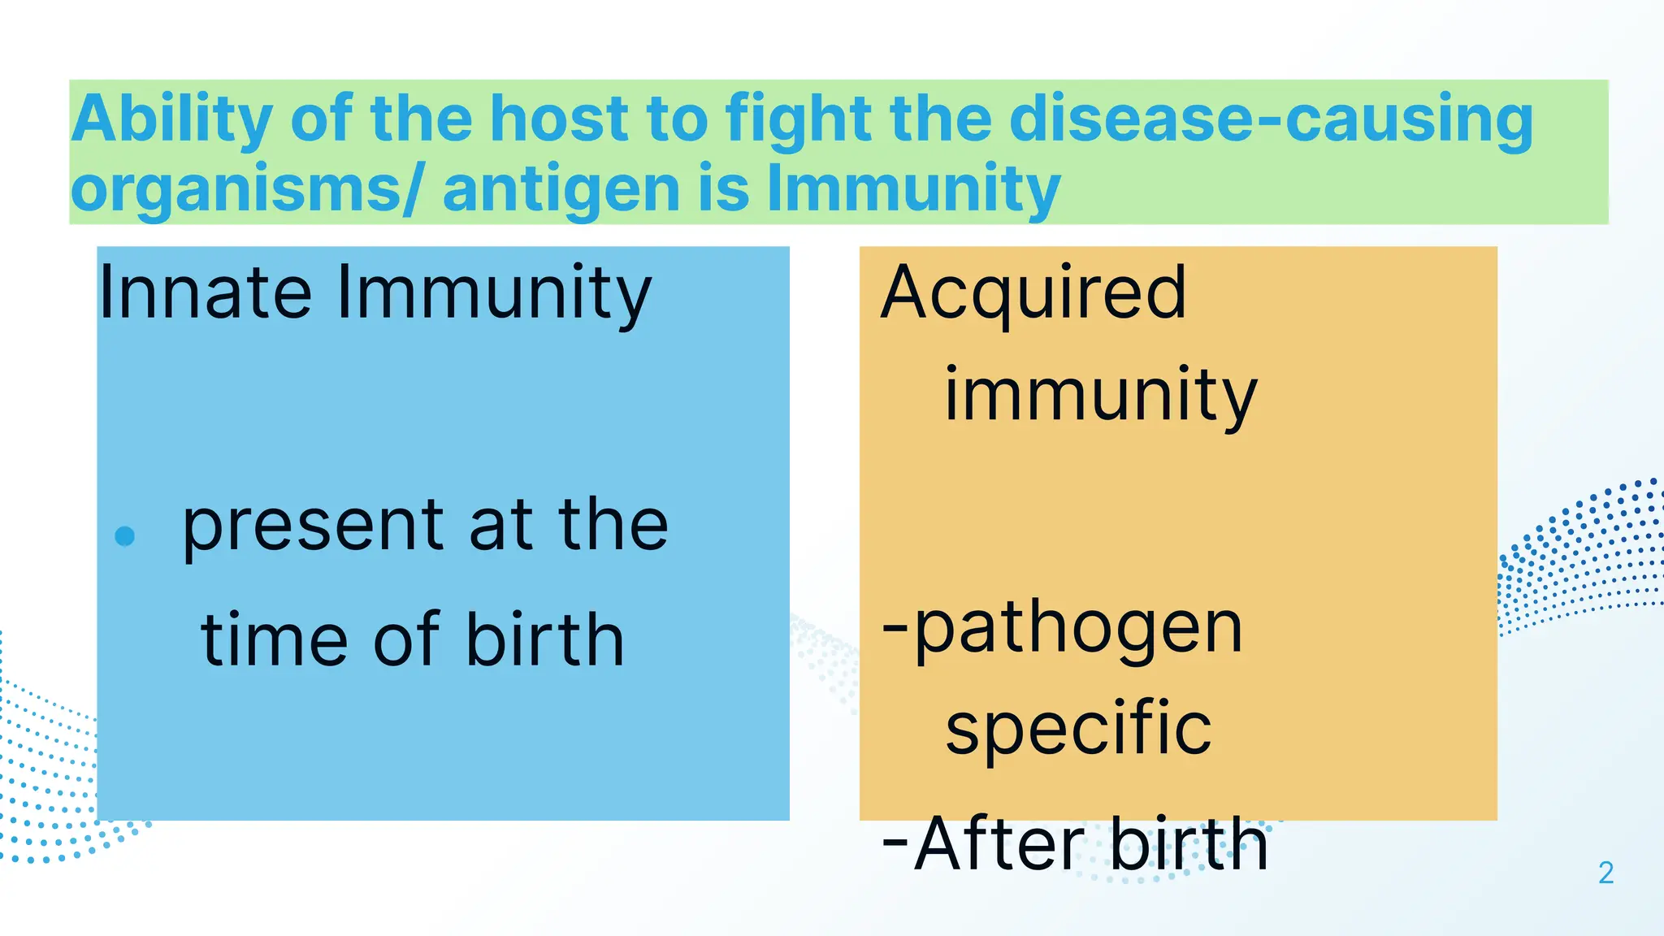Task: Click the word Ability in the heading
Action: coord(171,120)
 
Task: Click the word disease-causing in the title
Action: coord(1270,120)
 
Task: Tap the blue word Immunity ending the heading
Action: coord(913,188)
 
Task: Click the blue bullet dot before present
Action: coord(125,536)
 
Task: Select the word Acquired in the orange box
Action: coord(1033,294)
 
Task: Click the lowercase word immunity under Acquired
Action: coord(1100,396)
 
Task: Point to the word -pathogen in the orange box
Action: coord(1063,630)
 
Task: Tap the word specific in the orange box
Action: coord(1078,728)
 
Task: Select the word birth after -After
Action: coord(1188,845)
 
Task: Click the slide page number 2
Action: coord(1605,873)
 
